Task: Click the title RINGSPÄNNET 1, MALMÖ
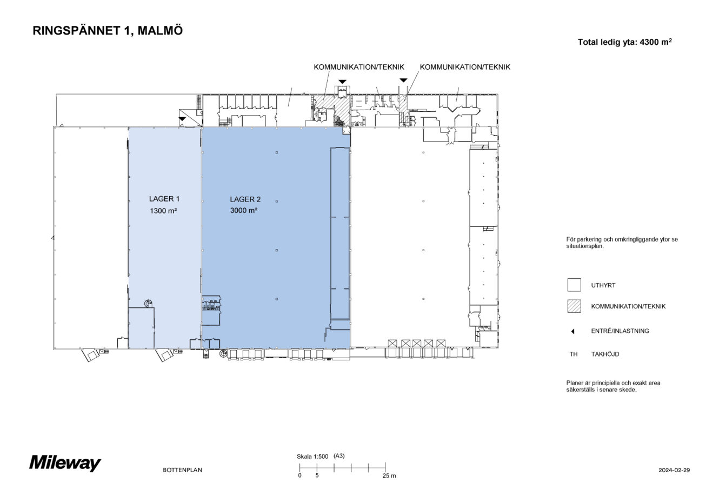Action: (x=108, y=31)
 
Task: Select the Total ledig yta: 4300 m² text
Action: (x=624, y=42)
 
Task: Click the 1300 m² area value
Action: (x=164, y=211)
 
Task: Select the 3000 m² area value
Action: (x=243, y=211)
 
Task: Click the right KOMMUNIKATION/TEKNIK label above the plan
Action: (x=465, y=68)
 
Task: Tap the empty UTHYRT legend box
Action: (x=574, y=285)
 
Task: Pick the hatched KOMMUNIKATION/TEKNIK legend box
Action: (x=574, y=306)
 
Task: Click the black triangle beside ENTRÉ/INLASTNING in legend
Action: (x=572, y=331)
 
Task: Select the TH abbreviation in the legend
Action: (x=573, y=354)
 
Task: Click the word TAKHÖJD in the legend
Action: (x=605, y=354)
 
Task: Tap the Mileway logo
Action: (x=65, y=464)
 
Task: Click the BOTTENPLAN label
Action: (x=182, y=470)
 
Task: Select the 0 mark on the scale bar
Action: (x=299, y=475)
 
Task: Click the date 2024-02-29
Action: (x=674, y=470)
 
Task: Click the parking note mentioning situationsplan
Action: (x=622, y=242)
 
